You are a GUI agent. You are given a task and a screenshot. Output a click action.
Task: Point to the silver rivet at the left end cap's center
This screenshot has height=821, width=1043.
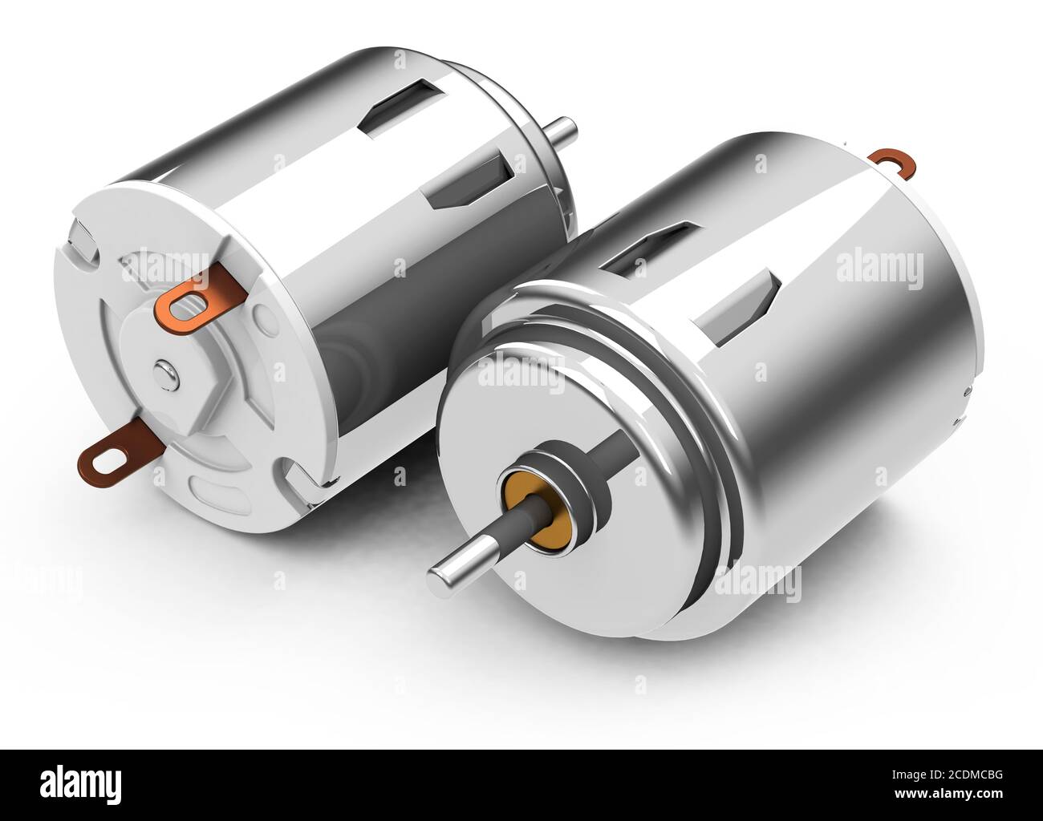(164, 370)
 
